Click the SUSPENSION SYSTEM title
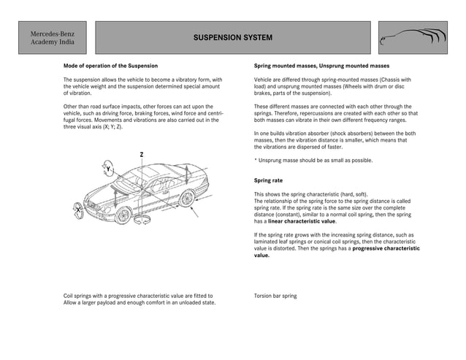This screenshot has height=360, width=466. [233, 38]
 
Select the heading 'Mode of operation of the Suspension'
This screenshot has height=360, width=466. [110, 66]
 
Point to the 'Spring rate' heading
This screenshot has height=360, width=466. [268, 180]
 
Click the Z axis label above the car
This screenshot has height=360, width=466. [141, 154]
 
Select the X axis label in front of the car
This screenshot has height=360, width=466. [77, 210]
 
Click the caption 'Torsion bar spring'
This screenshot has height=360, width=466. [275, 296]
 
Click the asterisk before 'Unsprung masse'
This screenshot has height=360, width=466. [256, 161]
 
